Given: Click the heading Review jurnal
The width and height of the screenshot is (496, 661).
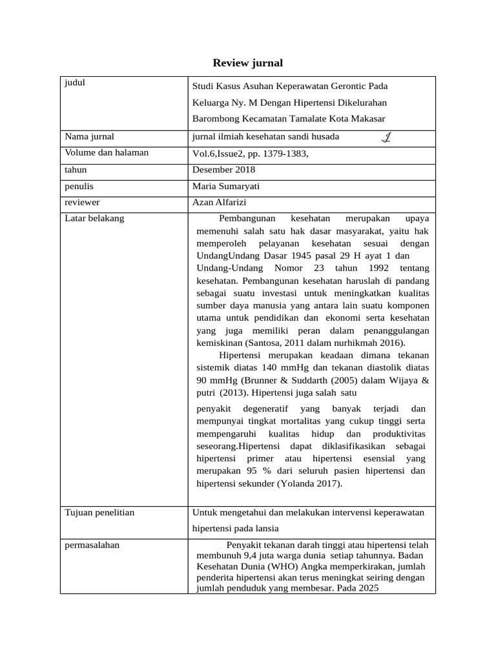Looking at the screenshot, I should click(x=248, y=63).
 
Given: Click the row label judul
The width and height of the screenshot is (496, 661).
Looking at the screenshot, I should click(x=76, y=83).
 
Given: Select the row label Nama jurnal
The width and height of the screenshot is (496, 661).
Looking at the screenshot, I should click(x=89, y=136).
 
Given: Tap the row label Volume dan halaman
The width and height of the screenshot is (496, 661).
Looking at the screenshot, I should click(x=107, y=153).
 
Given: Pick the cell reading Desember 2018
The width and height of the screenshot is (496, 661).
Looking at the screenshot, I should click(x=223, y=170).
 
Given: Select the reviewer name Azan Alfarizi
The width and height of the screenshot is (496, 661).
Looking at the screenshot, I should click(x=220, y=203).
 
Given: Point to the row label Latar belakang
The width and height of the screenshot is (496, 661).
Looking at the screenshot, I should click(x=94, y=219).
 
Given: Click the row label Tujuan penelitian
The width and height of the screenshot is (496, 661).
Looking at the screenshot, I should click(x=99, y=513).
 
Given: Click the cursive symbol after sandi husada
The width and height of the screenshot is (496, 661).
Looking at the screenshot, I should click(x=386, y=136).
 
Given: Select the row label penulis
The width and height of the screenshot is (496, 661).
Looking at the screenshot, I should click(x=79, y=187).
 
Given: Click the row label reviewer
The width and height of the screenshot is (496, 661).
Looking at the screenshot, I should click(x=83, y=203).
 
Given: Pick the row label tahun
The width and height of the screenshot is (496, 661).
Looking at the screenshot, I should click(x=76, y=170).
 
